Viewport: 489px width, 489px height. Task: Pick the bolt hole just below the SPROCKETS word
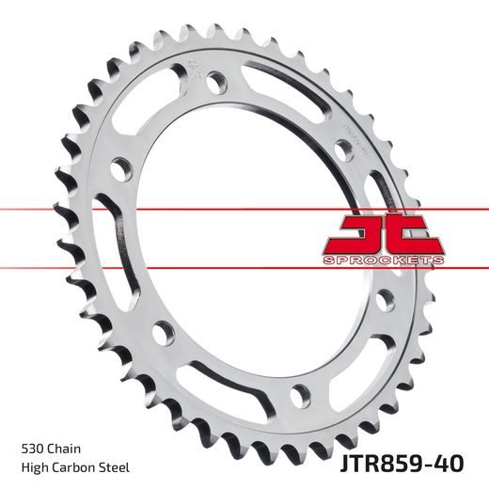[384, 300]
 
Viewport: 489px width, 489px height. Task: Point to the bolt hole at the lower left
[165, 331]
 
